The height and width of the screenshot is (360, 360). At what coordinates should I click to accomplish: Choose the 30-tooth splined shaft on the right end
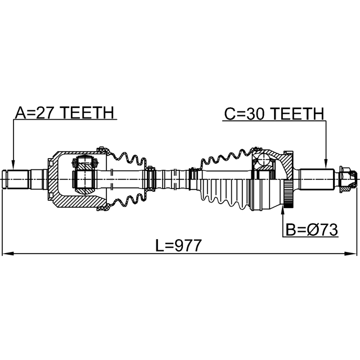pos(318,179)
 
